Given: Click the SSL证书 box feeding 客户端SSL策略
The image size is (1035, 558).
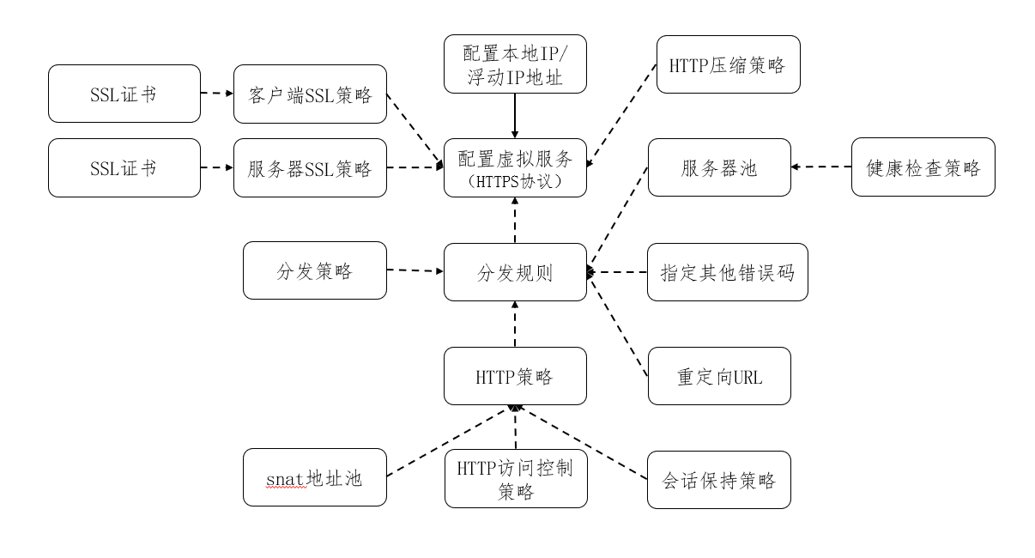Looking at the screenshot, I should [124, 94].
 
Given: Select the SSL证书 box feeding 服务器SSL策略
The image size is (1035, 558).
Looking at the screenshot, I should [124, 168].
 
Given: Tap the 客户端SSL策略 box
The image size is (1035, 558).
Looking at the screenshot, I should [310, 94].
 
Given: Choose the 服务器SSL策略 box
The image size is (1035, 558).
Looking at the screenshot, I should [310, 168].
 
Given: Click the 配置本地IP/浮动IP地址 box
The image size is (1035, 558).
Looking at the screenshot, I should [515, 64].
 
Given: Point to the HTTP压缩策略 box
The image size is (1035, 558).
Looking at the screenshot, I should [728, 64].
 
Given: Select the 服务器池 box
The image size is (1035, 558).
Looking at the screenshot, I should [718, 167].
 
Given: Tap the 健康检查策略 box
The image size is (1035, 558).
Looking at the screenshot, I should [923, 167].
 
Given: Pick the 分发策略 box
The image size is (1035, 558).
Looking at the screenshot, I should [315, 270].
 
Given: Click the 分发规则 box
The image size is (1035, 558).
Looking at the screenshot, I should [515, 272].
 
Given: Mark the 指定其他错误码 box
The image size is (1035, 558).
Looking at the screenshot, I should [727, 272].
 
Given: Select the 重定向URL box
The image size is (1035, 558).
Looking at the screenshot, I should [718, 376].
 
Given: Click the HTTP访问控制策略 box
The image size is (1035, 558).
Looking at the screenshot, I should [515, 478].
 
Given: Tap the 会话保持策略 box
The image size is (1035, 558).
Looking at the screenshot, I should [718, 479].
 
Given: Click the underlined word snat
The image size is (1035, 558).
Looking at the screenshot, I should [284, 477].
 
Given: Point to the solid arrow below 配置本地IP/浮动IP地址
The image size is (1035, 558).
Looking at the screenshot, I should [515, 116].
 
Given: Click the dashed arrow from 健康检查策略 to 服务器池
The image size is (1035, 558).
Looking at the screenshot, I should [821, 167].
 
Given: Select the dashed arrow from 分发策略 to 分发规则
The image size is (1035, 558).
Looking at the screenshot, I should [415, 271].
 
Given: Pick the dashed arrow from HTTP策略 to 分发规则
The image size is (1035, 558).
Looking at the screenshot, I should [515, 324].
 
